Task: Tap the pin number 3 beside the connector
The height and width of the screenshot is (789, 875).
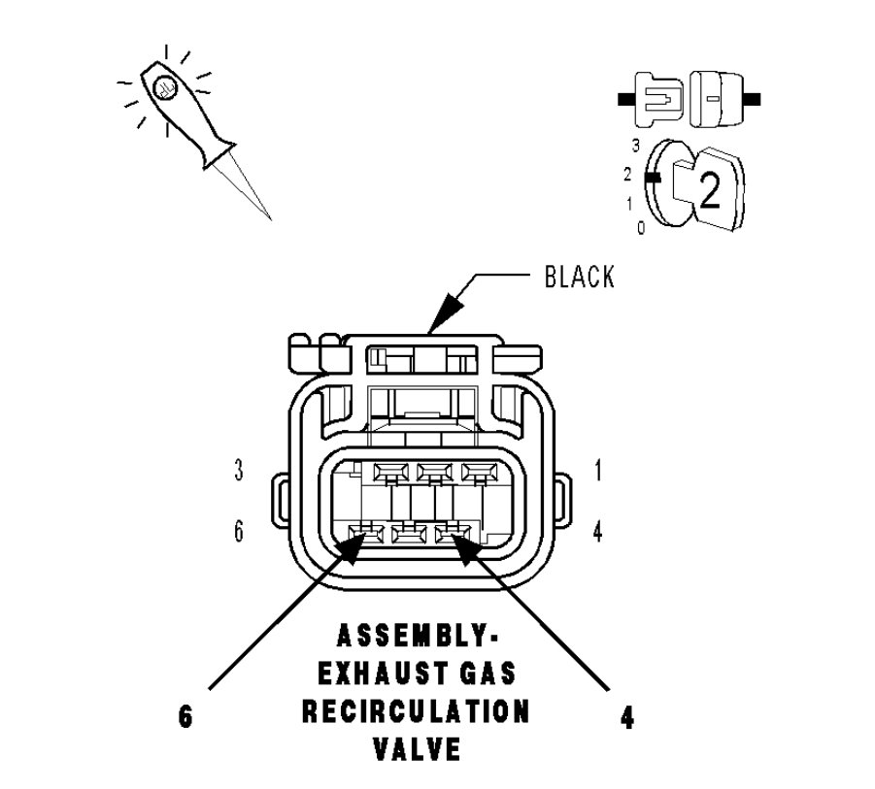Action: pyautogui.click(x=239, y=472)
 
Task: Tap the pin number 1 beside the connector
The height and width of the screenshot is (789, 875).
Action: pyautogui.click(x=598, y=472)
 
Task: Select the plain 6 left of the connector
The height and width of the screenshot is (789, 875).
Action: pyautogui.click(x=239, y=532)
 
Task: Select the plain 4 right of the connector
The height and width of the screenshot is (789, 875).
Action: pyautogui.click(x=598, y=532)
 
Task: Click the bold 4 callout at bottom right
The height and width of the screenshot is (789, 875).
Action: pyautogui.click(x=628, y=719)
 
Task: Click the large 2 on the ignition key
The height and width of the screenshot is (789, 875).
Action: pyautogui.click(x=710, y=192)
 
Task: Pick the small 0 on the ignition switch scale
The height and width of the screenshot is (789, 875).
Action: pyautogui.click(x=640, y=227)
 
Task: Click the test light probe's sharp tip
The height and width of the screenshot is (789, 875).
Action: pyautogui.click(x=269, y=217)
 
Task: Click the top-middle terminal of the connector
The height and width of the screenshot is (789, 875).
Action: pyautogui.click(x=430, y=473)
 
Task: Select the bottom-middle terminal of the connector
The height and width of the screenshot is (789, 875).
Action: pyautogui.click(x=410, y=532)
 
